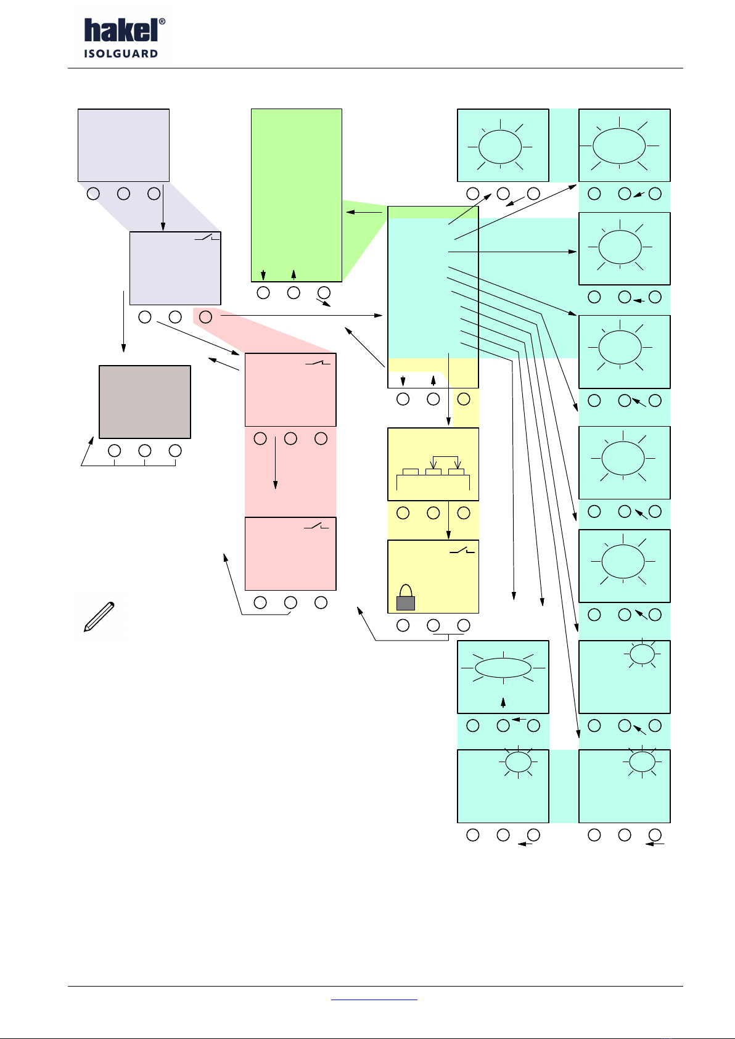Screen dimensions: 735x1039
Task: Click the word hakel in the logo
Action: click(121, 31)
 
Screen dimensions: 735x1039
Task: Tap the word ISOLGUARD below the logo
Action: click(121, 54)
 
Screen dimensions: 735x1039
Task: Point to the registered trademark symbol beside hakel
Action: click(162, 22)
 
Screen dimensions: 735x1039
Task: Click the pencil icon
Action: click(99, 617)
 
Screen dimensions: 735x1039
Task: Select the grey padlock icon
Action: click(406, 598)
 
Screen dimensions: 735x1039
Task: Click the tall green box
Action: click(297, 195)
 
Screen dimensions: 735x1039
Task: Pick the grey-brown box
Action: click(145, 401)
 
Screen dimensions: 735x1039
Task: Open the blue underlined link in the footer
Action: click(374, 1000)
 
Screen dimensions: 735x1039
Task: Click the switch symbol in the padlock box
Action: click(462, 551)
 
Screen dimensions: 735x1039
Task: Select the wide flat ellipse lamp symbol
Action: click(503, 668)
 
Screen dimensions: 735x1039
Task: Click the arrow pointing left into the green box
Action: click(364, 212)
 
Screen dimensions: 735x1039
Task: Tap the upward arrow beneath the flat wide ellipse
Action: click(503, 703)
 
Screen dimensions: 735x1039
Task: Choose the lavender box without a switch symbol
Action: click(123, 145)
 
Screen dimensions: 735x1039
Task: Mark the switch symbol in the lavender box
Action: click(207, 237)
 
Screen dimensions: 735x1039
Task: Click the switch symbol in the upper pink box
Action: click(318, 362)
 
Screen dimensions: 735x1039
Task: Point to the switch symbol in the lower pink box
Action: click(316, 526)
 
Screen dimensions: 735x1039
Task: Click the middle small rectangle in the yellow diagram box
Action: click(433, 472)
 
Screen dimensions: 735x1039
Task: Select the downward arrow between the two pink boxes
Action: click(276, 463)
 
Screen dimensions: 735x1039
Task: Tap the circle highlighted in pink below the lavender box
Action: click(205, 317)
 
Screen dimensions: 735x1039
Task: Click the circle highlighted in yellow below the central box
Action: click(464, 399)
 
